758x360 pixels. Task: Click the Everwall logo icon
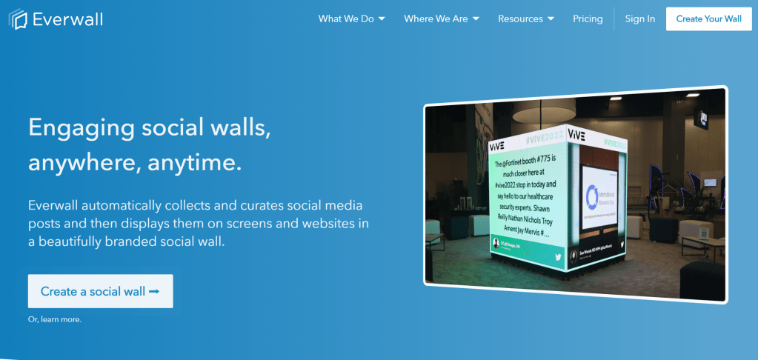pyautogui.click(x=18, y=19)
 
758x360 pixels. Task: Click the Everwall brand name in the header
pyautogui.click(x=67, y=19)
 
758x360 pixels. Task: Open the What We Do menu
pyautogui.click(x=351, y=19)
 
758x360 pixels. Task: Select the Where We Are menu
pyautogui.click(x=441, y=19)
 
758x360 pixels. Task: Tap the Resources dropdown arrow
pyautogui.click(x=551, y=19)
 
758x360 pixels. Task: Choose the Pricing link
pyautogui.click(x=588, y=19)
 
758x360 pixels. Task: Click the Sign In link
pyautogui.click(x=639, y=19)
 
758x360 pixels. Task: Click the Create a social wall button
pyautogui.click(x=100, y=291)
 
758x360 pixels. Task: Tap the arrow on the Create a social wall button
pyautogui.click(x=154, y=291)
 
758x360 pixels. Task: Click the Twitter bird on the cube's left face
pyautogui.click(x=558, y=257)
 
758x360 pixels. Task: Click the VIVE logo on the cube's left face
pyautogui.click(x=496, y=145)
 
